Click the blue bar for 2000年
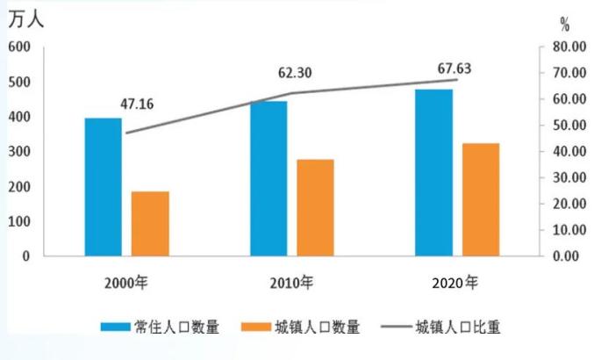[x=104, y=187]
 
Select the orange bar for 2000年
[x=150, y=224]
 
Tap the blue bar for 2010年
[x=268, y=178]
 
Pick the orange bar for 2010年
[x=315, y=208]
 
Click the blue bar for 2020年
[x=434, y=173]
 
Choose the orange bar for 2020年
[x=481, y=199]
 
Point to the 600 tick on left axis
[x=18, y=47]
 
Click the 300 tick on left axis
[x=18, y=152]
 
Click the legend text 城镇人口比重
[x=459, y=327]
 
